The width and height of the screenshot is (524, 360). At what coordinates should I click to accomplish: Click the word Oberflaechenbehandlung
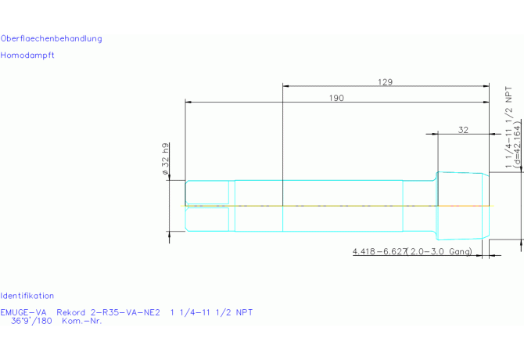tap(51, 38)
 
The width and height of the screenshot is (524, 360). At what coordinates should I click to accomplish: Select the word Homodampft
tap(27, 55)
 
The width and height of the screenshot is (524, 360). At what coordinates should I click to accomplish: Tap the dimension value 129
tap(385, 82)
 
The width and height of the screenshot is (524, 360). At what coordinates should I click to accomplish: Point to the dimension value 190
tap(336, 98)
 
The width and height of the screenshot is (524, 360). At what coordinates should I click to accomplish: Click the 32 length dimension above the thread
tap(463, 130)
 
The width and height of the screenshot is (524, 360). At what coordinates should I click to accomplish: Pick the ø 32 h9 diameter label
tap(166, 159)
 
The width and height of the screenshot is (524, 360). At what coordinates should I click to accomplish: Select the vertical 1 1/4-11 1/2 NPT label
tap(508, 128)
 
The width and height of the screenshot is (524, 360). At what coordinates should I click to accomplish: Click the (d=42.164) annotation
tap(517, 145)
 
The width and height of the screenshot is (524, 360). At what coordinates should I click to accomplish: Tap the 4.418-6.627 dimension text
tap(379, 251)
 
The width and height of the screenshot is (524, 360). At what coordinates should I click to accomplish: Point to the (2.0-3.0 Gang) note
tap(440, 251)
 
